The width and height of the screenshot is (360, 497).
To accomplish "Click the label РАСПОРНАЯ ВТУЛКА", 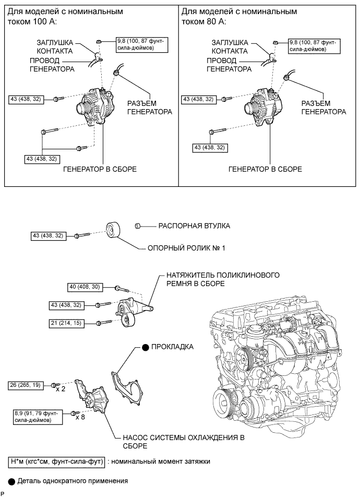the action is coord(194,226).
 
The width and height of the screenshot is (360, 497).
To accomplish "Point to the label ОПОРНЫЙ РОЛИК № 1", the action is coord(186,248).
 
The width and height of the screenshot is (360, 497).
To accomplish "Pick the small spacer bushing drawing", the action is coord(137,226).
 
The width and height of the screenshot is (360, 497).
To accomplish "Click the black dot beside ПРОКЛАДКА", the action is coord(145,348).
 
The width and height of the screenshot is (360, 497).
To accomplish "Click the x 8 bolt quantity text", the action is coord(80,417).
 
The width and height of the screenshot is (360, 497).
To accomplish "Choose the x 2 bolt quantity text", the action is coord(61,389).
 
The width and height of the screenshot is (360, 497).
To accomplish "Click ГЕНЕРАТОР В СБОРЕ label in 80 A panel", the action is coord(265,169).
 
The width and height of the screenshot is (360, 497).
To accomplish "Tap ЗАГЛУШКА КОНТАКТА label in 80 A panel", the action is coord(230,47).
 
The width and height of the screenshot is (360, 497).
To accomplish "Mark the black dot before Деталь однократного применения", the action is coord(11,482).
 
